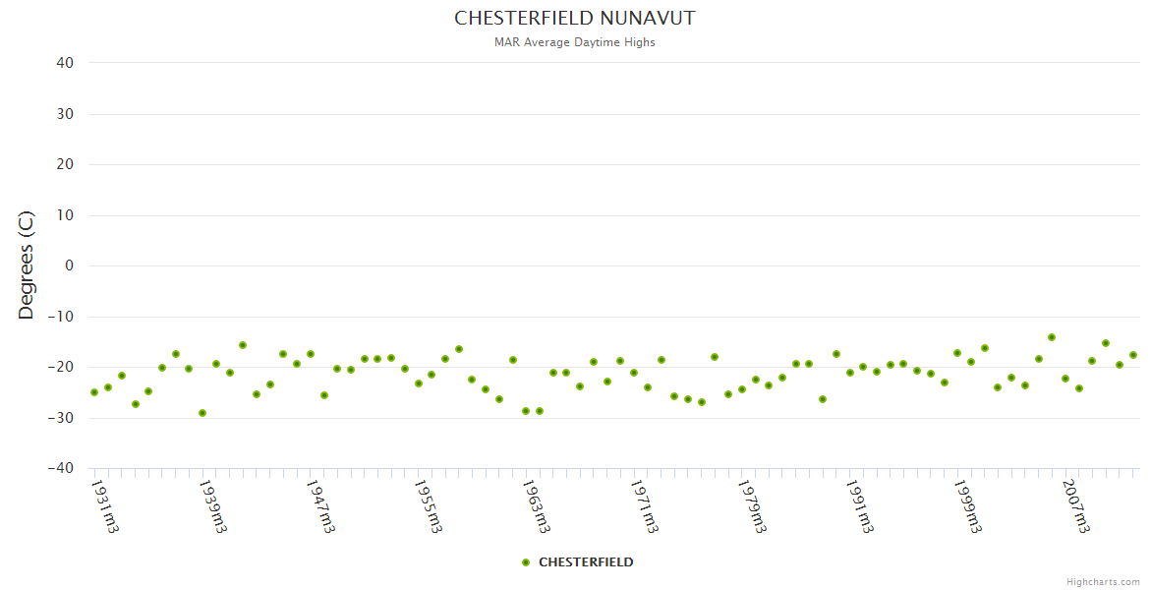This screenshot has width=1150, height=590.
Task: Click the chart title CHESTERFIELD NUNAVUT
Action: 574,19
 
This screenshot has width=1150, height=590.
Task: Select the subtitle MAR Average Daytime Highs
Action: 574,42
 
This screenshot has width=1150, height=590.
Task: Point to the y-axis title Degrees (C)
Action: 27,265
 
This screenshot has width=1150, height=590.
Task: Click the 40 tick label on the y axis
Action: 64,63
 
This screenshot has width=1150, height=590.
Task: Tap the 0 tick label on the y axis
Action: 69,265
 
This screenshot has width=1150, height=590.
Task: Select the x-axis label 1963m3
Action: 537,505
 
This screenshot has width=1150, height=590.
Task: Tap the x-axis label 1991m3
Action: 860,505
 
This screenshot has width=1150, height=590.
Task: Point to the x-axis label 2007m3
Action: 1076,505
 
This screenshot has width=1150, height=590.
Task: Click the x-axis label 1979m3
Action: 752,505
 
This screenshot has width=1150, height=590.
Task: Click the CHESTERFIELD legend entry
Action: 578,562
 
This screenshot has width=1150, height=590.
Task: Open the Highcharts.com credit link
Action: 1103,582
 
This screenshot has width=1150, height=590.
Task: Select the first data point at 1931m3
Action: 94,392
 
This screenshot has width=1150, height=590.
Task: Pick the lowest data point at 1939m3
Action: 202,413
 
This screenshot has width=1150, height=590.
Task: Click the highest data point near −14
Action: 1052,337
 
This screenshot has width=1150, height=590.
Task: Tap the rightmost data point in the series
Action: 1133,355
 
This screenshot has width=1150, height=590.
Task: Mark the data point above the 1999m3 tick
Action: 957,353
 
